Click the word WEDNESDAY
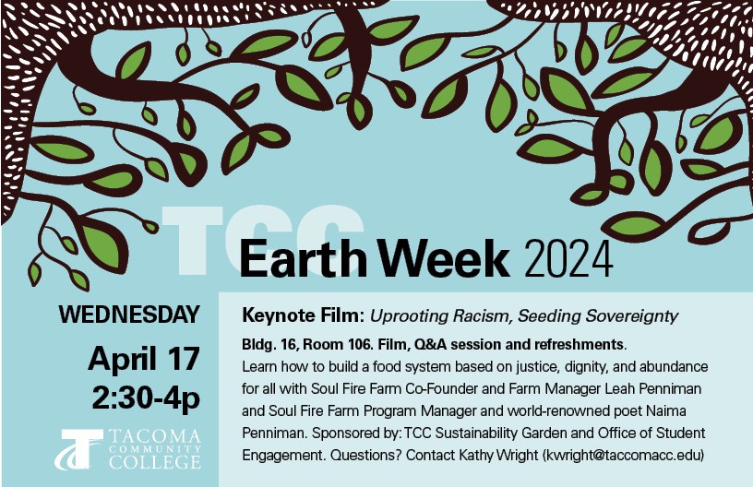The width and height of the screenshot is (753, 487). point(128,315)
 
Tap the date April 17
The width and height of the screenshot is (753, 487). point(144,359)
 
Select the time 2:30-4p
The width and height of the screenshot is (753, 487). point(146,398)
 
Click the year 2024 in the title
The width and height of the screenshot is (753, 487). point(568,259)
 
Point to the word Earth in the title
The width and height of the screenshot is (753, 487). point(303,258)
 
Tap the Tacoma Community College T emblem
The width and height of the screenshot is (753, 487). point(79,449)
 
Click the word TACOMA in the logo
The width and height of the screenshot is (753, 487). point(155,436)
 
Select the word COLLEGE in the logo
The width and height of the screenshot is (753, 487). point(155,462)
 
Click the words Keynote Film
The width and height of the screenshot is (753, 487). point(301,315)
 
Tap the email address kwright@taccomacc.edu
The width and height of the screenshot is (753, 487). point(623,455)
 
